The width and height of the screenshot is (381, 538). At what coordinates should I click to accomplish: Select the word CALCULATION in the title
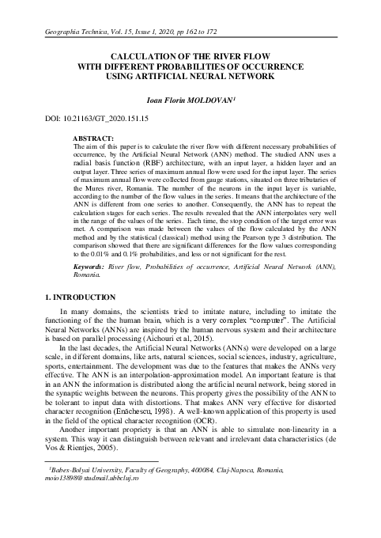[145, 58]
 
